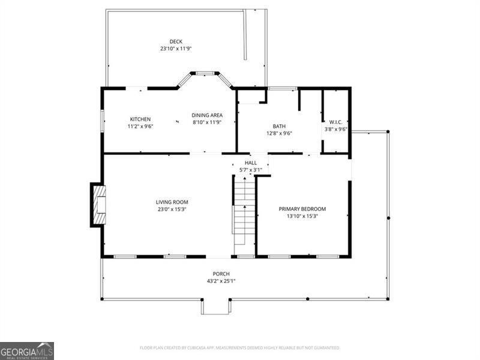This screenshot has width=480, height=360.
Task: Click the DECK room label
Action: pyautogui.click(x=176, y=41)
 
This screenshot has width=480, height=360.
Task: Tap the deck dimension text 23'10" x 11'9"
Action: pyautogui.click(x=176, y=49)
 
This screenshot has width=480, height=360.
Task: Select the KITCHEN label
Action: pyautogui.click(x=140, y=119)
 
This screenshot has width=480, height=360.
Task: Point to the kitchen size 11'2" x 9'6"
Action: pyautogui.click(x=140, y=126)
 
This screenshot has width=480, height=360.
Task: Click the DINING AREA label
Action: pyautogui.click(x=207, y=115)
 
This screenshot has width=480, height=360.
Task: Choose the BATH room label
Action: pyautogui.click(x=279, y=126)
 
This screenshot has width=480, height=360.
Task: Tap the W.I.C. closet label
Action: pyautogui.click(x=336, y=121)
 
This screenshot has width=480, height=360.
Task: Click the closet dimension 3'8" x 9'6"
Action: pyautogui.click(x=336, y=128)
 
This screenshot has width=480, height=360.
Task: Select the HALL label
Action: pyautogui.click(x=250, y=163)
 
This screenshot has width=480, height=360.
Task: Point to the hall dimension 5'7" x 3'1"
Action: pyautogui.click(x=250, y=170)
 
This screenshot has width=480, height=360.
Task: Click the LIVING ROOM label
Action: pyautogui.click(x=172, y=202)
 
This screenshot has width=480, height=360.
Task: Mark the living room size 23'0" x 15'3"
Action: pyautogui.click(x=172, y=209)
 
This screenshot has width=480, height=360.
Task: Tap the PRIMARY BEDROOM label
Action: pyautogui.click(x=302, y=209)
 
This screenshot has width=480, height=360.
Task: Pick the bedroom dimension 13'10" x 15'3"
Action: pyautogui.click(x=302, y=216)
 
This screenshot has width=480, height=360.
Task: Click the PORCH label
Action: pyautogui.click(x=221, y=274)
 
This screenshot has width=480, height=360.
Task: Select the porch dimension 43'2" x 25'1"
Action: pyautogui.click(x=221, y=281)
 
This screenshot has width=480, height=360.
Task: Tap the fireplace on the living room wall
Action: pyautogui.click(x=98, y=204)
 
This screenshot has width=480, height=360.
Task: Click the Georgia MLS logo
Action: pyautogui.click(x=27, y=350)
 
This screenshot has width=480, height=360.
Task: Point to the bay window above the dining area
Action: pyautogui.click(x=205, y=74)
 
